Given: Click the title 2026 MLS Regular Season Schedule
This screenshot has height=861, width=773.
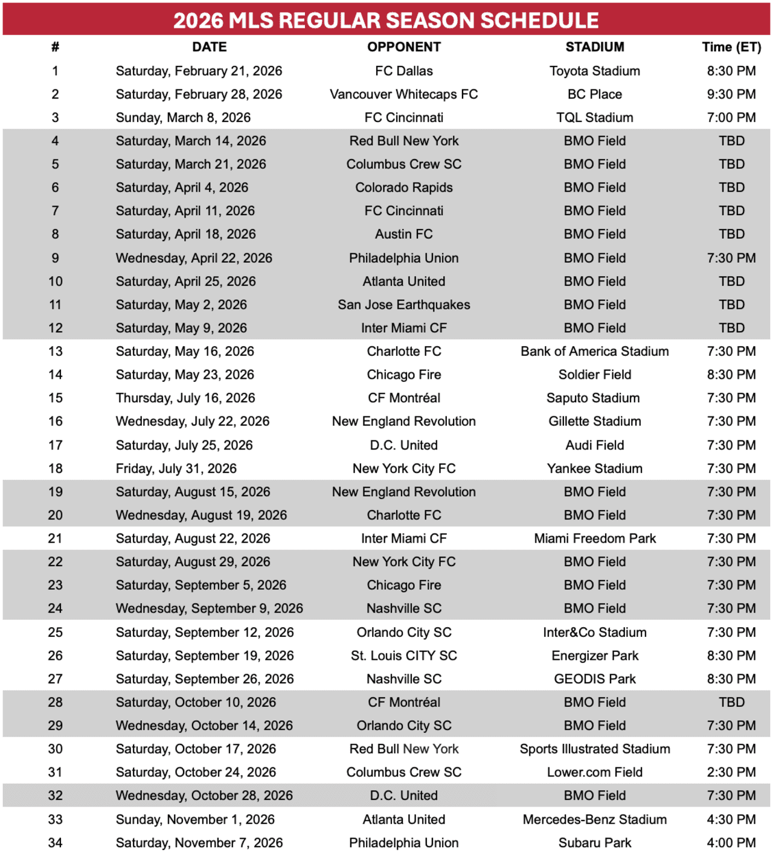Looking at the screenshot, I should [386, 20].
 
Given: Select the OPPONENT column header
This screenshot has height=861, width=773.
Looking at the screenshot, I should [404, 47].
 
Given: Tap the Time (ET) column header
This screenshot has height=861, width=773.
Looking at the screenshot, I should [731, 47].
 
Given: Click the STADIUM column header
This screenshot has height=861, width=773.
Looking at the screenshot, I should [594, 47].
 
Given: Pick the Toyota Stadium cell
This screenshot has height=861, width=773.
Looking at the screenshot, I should [594, 71].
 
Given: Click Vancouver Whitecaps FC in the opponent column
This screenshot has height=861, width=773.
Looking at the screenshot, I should [403, 94].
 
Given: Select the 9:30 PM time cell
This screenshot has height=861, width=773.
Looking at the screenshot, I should [731, 94].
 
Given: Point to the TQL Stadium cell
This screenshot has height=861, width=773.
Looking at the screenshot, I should [594, 118].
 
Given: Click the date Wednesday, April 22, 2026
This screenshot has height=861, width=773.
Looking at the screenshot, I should [194, 258].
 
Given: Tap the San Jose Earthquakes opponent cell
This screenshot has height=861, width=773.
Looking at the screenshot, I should [403, 305].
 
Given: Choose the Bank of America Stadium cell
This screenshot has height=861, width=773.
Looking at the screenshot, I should [594, 351].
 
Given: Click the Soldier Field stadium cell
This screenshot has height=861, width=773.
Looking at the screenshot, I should [594, 375].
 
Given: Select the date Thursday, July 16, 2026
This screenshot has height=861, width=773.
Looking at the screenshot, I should [185, 398].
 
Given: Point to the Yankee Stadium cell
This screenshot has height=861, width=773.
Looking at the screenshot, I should [594, 468].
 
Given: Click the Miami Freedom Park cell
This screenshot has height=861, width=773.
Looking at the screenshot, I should [594, 538].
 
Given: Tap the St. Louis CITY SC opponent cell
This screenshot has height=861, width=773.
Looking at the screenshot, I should [403, 656].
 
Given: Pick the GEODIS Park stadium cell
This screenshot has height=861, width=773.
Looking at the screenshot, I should [594, 679].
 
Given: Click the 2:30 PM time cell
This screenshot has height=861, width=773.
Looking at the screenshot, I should [731, 772].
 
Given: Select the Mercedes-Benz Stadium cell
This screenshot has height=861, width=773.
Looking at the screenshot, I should [594, 819].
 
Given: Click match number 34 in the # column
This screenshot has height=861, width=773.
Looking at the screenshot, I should [55, 843].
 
